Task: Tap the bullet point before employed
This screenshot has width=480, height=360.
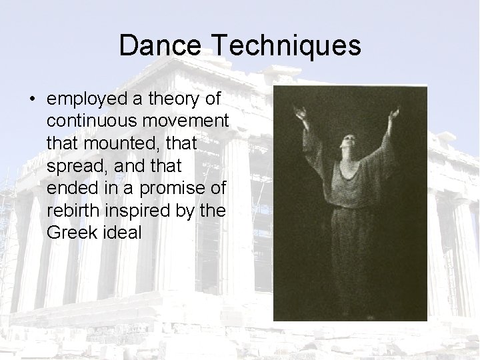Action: click(32, 99)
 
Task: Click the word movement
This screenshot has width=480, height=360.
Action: click(187, 122)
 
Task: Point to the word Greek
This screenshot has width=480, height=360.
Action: click(69, 233)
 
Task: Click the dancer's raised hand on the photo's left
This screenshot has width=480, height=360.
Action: click(302, 115)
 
